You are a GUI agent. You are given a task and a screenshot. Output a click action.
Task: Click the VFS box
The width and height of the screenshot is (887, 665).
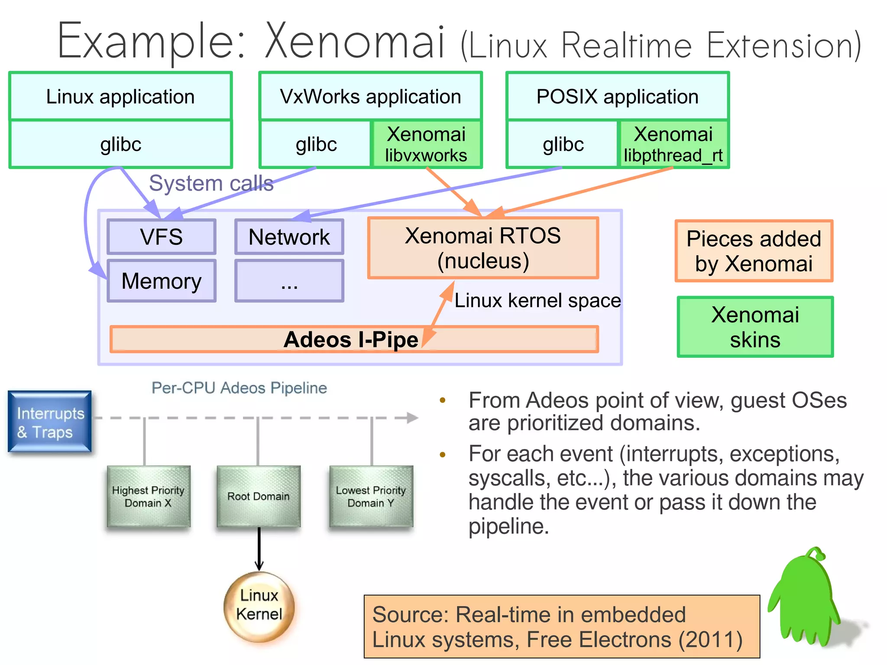(161, 237)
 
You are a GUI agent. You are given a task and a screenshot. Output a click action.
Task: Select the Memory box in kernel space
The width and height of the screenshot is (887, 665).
(161, 281)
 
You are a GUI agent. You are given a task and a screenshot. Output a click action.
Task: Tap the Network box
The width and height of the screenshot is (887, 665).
(289, 237)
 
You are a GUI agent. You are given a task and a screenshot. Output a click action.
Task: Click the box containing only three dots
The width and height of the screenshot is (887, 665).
(289, 281)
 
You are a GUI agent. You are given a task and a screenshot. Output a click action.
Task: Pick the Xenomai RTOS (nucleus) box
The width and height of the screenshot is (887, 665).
(482, 248)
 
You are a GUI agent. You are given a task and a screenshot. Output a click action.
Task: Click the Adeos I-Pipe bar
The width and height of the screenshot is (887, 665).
(354, 339)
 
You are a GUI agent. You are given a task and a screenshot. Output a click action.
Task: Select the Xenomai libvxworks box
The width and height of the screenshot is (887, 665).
(426, 144)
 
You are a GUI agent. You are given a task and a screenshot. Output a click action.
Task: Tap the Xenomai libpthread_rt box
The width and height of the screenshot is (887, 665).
(673, 144)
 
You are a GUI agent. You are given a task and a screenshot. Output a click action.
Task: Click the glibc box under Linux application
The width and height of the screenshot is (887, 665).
(120, 144)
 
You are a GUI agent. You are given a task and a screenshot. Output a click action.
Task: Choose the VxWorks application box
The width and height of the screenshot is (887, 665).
(370, 96)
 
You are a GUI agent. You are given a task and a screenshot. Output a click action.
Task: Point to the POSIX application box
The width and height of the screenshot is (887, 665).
(617, 96)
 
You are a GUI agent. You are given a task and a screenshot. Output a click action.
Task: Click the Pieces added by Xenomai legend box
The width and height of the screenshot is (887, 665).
(754, 251)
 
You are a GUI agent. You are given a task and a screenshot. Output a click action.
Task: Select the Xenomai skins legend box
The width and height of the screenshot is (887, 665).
(755, 327)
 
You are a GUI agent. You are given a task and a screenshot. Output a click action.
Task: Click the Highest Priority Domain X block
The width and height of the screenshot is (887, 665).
(149, 496)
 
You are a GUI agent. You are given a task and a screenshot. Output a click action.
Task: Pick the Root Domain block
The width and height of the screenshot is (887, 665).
(259, 496)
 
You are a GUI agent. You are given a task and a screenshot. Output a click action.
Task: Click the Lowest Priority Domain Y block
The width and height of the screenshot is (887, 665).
(371, 496)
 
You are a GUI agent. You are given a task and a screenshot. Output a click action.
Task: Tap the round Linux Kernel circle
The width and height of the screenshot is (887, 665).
(259, 605)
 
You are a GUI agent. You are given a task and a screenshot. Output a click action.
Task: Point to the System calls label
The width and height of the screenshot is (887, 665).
(211, 183)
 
